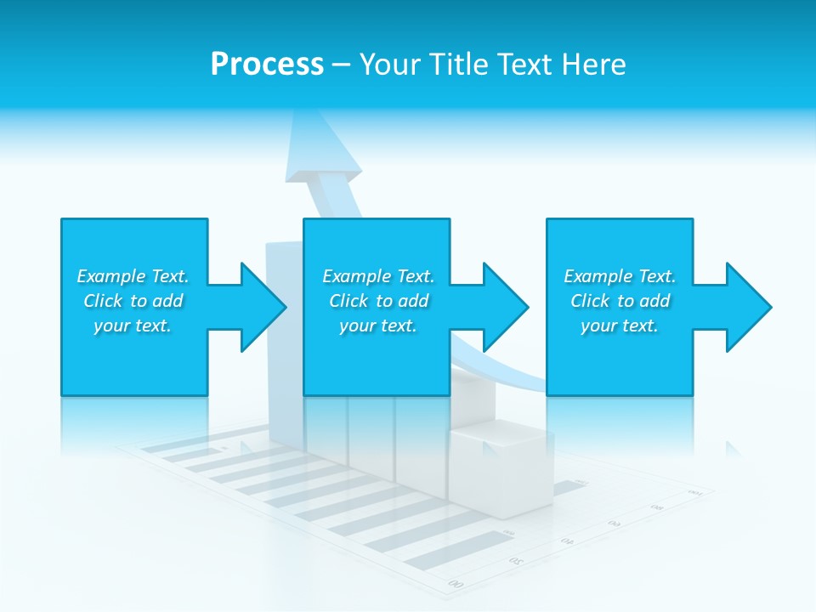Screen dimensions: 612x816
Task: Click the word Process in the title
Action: [267, 65]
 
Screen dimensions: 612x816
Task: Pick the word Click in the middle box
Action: [348, 301]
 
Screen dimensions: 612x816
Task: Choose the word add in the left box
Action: [167, 301]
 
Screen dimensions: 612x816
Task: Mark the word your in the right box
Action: [598, 326]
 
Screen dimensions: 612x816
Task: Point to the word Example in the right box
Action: [598, 276]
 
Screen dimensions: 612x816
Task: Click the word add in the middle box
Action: [413, 301]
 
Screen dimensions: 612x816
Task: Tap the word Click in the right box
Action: [589, 301]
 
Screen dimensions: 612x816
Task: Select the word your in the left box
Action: [111, 326]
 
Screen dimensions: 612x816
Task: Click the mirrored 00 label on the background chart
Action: [456, 584]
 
